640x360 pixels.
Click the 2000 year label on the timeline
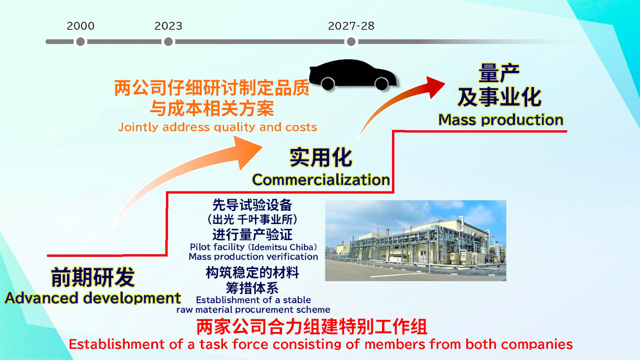[x=80, y=26]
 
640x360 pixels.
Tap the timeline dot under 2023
[x=168, y=42]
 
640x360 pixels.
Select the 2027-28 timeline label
[x=351, y=26]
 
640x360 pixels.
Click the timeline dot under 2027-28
[x=351, y=42]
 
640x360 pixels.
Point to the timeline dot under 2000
[x=80, y=42]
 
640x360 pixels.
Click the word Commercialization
[x=321, y=179]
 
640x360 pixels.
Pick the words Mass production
[x=501, y=120]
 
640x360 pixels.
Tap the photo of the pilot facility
[x=415, y=241]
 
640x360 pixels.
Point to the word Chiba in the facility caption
[x=302, y=247]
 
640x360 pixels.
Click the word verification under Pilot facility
[x=293, y=257]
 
